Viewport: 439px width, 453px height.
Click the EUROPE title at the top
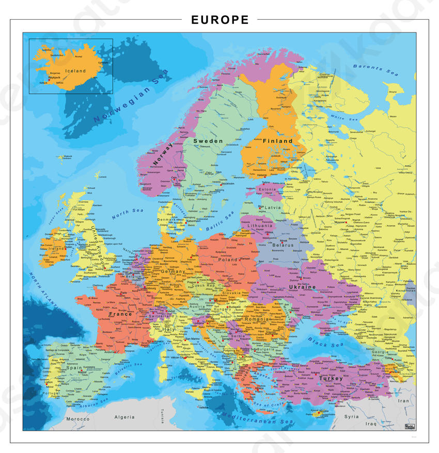click(x=219, y=20)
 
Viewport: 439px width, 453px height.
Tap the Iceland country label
click(x=76, y=71)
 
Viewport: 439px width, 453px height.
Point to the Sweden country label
click(x=208, y=141)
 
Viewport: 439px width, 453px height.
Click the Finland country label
click(x=278, y=141)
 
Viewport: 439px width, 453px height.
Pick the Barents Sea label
click(x=375, y=70)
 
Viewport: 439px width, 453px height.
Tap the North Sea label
click(x=128, y=213)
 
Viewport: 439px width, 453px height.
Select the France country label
click(x=120, y=314)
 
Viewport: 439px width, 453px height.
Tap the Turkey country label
click(x=331, y=378)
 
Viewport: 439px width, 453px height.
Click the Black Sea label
click(x=325, y=341)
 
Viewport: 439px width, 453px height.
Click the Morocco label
click(x=77, y=419)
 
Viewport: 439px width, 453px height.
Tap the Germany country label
click(x=173, y=271)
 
